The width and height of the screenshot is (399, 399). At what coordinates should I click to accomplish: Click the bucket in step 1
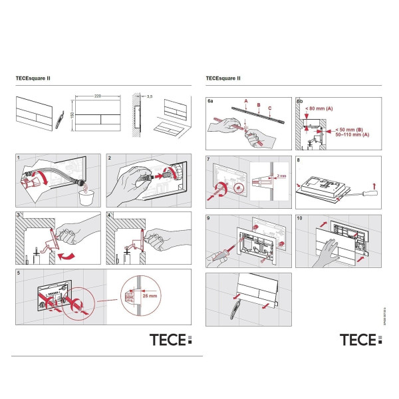click(x=85, y=196)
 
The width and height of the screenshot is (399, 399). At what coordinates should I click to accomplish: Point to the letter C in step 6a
click(x=269, y=108)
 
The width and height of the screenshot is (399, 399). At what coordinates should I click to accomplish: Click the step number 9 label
click(x=210, y=218)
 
